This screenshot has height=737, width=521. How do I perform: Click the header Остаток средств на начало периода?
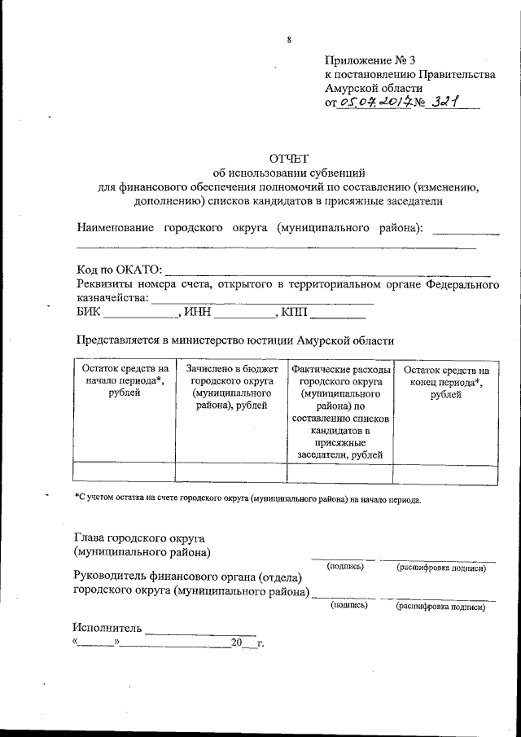[x=124, y=381]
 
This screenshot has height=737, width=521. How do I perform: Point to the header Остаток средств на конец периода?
[x=445, y=382]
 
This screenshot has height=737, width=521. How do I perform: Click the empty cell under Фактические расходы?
[x=340, y=473]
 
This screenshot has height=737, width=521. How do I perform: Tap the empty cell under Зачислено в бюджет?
[x=230, y=473]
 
